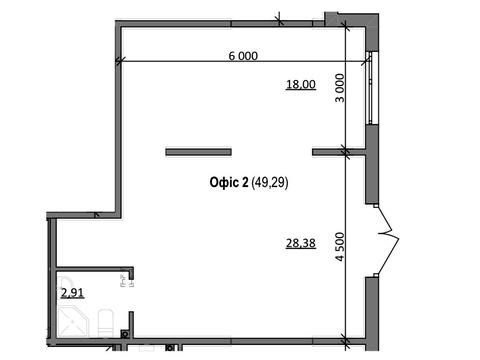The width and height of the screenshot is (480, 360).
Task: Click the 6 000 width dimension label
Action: coord(243,56)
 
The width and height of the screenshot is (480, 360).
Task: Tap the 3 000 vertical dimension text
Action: coord(340,88)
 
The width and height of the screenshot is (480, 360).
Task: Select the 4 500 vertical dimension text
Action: coord(340,247)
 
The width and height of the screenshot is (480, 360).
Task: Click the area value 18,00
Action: coord(301,84)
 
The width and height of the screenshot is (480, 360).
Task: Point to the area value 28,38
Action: coord(301,243)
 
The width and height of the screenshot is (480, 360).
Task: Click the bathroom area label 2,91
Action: coord(72,293)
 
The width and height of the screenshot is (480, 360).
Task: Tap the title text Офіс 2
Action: coord(229,182)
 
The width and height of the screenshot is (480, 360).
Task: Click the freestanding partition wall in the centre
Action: coord(198,152)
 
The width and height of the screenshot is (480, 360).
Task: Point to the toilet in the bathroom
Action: coord(106,323)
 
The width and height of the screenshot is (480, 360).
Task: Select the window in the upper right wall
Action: coord(370,88)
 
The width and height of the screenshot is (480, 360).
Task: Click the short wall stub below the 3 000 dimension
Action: coord(339,152)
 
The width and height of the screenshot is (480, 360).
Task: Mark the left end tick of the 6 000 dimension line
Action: coord(120,61)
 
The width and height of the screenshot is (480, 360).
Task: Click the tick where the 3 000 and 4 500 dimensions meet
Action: coord(346,152)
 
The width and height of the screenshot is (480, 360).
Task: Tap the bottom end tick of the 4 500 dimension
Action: coord(346,341)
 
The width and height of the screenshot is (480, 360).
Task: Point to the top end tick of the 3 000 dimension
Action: coord(346,27)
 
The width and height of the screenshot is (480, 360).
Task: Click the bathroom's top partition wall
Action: coord(95,269)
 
